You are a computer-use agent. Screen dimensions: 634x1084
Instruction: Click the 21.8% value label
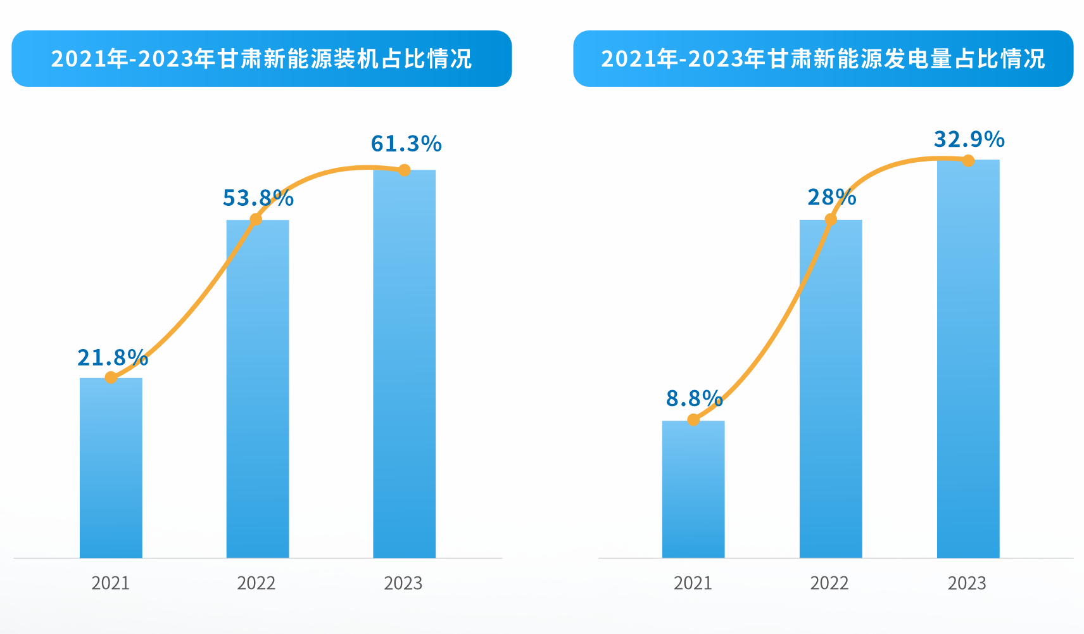[x=113, y=358]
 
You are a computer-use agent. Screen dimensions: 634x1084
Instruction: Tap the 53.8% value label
[x=258, y=198]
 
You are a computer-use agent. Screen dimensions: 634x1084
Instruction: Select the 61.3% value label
[x=406, y=144]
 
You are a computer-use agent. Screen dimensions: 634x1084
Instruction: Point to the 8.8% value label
[x=694, y=398]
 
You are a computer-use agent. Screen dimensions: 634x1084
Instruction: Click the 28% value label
[x=831, y=198]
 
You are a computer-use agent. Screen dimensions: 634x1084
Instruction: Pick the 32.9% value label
[x=969, y=139]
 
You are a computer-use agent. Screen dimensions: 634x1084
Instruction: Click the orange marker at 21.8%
[x=111, y=377]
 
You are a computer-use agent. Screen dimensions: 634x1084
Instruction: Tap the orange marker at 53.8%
[x=256, y=219]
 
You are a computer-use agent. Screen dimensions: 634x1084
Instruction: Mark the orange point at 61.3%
[x=405, y=170]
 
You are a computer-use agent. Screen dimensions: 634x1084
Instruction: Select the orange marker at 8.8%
[x=693, y=419]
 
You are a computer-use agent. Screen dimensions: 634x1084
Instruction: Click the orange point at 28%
[x=831, y=219]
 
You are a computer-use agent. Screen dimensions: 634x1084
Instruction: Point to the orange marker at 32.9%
[x=968, y=160]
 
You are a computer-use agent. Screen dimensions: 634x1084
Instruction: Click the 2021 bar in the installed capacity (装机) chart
[x=111, y=469]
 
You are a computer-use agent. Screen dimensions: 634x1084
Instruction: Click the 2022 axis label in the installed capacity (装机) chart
[x=256, y=583]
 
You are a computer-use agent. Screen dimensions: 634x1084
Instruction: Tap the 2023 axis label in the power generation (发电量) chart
[x=967, y=583]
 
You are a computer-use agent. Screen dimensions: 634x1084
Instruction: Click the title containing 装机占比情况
[x=262, y=58]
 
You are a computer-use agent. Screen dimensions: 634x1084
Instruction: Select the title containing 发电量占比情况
[x=823, y=58]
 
